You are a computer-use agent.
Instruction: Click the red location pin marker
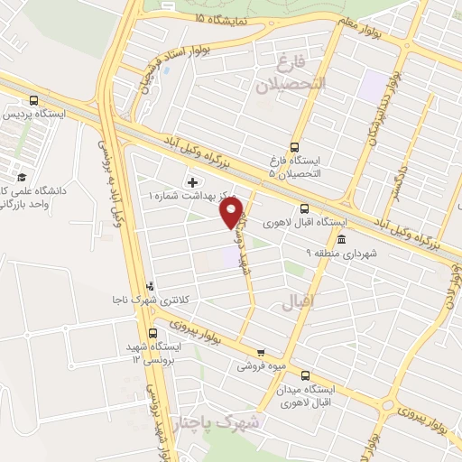233,212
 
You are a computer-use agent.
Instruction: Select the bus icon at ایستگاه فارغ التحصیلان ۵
293,148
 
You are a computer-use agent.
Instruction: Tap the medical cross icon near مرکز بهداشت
192,181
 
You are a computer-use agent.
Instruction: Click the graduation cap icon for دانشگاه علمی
21,177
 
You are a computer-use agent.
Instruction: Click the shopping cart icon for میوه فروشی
261,353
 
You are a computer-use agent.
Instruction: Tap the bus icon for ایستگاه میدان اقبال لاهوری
304,375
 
